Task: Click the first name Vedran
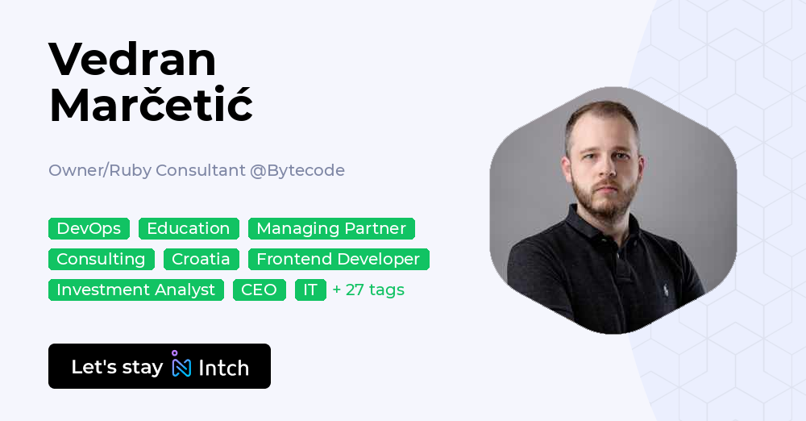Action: [132, 60]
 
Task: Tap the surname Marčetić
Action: [151, 105]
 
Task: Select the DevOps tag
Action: [89, 228]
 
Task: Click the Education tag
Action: [189, 228]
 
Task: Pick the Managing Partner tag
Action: [331, 228]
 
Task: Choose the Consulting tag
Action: [101, 259]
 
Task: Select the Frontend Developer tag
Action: [339, 259]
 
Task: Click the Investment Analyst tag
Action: [136, 290]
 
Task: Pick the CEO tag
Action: [259, 290]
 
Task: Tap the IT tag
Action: [310, 290]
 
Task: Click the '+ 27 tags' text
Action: [368, 290]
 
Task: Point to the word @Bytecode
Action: [297, 170]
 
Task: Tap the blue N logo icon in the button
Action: [181, 366]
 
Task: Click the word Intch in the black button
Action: [223, 368]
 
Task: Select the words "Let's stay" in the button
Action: [117, 367]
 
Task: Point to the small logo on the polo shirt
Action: [666, 289]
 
